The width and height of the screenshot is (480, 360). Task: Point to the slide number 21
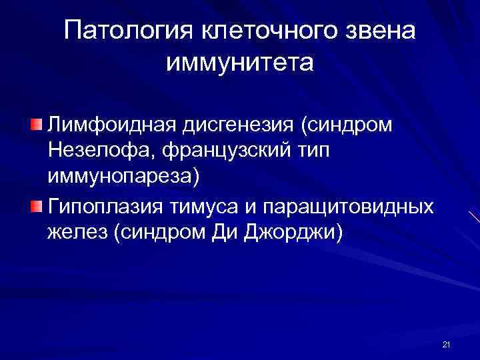446,344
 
